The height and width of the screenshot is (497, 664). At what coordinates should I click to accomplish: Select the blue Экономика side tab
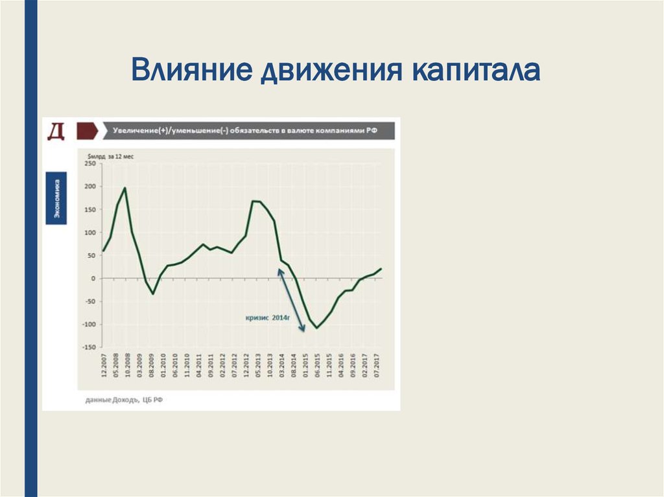click(57, 198)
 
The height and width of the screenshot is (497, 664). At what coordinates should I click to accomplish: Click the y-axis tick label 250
click(89, 164)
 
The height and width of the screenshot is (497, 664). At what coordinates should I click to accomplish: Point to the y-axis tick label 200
click(89, 187)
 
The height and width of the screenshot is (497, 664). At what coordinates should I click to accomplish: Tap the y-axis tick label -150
click(88, 347)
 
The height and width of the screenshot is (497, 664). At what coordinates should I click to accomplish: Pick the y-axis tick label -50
click(89, 301)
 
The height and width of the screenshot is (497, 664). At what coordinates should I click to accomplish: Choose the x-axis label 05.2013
click(258, 367)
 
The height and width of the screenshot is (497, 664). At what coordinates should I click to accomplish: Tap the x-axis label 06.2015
click(317, 367)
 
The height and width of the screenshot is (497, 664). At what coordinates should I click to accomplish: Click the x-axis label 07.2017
click(375, 367)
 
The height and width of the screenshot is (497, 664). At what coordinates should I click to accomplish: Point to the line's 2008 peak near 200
click(125, 188)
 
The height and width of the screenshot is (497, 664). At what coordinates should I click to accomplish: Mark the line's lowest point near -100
click(317, 328)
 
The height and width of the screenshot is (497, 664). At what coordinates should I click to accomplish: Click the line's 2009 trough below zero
click(153, 294)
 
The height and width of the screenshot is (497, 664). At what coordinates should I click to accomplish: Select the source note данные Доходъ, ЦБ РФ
click(124, 400)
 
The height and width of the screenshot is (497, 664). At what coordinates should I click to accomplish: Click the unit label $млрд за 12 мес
click(108, 156)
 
